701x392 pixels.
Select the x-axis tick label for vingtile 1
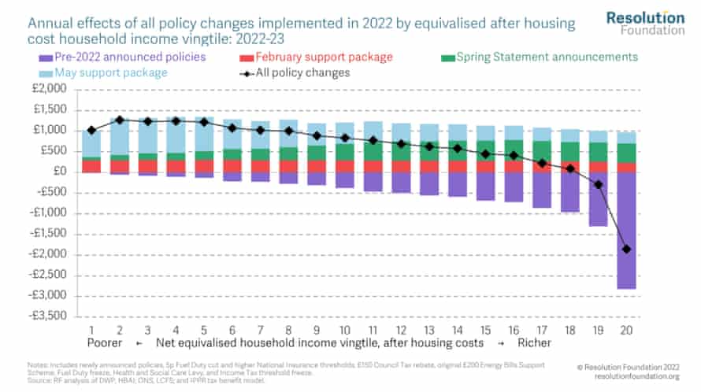point(91,330)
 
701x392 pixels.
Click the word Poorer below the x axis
point(104,344)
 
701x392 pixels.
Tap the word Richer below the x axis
point(534,344)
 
